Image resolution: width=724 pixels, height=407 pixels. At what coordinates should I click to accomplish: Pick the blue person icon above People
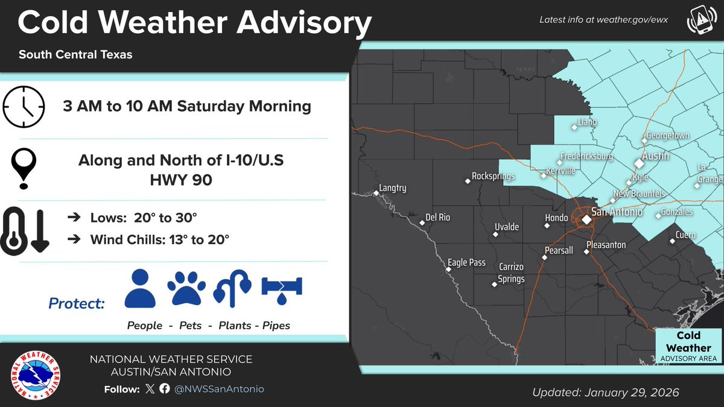click(x=140, y=289)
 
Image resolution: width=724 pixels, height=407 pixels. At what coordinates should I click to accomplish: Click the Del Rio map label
click(x=437, y=217)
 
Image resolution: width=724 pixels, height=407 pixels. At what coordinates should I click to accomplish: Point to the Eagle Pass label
click(x=466, y=263)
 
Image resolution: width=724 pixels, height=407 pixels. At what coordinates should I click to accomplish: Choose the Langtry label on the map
click(x=393, y=188)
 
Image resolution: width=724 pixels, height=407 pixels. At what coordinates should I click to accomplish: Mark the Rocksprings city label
click(x=493, y=177)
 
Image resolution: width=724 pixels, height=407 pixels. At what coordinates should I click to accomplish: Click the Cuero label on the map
click(x=685, y=235)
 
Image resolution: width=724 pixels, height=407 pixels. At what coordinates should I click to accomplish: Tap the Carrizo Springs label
click(x=511, y=273)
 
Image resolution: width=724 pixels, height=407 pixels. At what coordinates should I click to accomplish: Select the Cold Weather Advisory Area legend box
click(x=688, y=347)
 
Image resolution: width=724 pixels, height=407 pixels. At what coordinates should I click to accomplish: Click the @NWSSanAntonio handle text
click(x=219, y=389)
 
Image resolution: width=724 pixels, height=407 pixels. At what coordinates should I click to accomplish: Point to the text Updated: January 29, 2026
click(x=605, y=392)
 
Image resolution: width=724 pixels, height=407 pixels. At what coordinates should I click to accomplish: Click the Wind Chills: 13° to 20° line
click(x=159, y=240)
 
